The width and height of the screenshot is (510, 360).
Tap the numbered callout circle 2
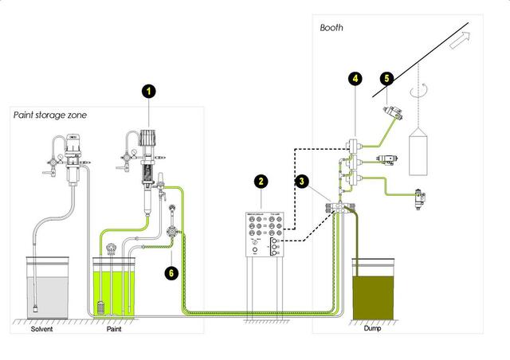pyautogui.click(x=261, y=182)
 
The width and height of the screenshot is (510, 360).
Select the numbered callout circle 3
pyautogui.click(x=303, y=182)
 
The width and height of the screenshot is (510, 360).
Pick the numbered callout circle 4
pyautogui.click(x=354, y=79)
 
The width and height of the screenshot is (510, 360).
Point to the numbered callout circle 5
pyautogui.click(x=386, y=79)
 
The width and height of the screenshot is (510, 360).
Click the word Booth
pyautogui.click(x=331, y=27)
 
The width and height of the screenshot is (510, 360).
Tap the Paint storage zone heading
pyautogui.click(x=50, y=115)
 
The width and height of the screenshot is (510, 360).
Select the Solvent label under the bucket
pyautogui.click(x=42, y=328)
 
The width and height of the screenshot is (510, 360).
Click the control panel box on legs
pyautogui.click(x=262, y=235)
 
